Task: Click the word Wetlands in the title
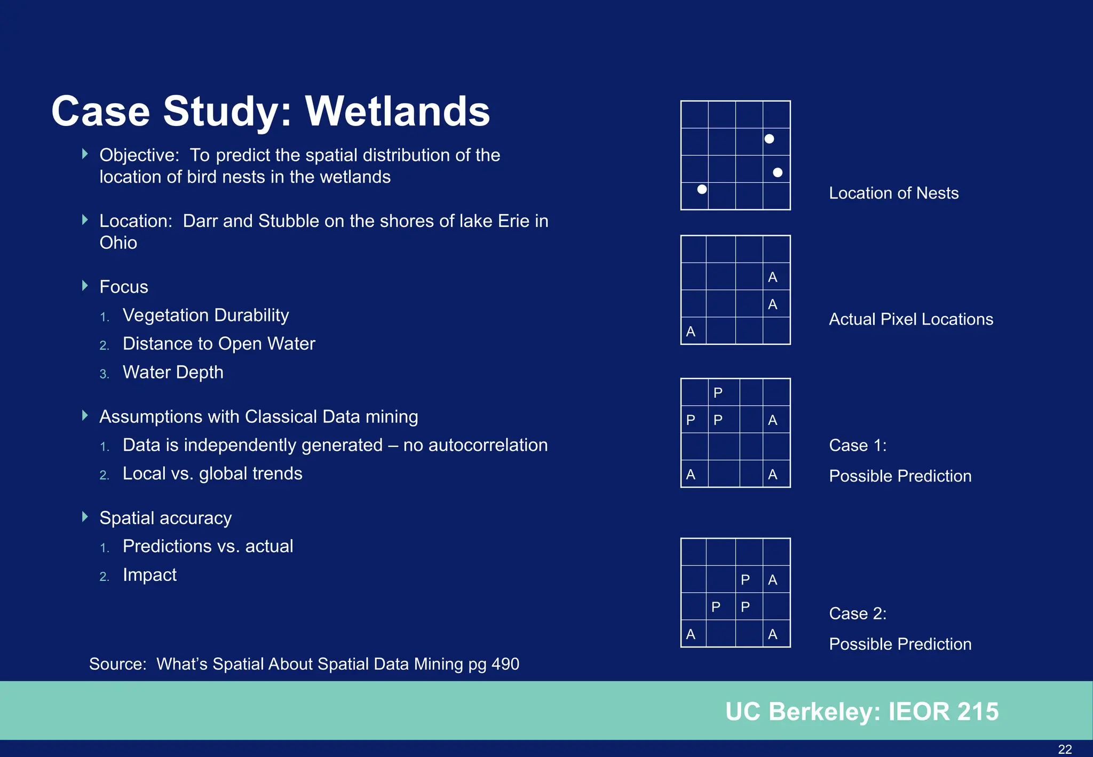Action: click(397, 111)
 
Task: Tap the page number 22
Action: click(1065, 749)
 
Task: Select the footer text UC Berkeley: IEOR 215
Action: click(861, 711)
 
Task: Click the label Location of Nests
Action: click(893, 193)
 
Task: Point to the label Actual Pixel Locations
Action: click(910, 319)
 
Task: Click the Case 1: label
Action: click(857, 445)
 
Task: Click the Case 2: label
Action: click(857, 613)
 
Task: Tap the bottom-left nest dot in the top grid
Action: click(702, 189)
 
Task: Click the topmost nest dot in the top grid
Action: click(769, 139)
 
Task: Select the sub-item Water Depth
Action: click(173, 372)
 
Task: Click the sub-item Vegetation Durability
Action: click(205, 315)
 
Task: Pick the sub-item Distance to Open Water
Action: click(219, 344)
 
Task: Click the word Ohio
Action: click(118, 243)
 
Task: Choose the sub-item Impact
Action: click(149, 575)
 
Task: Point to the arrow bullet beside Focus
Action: click(85, 286)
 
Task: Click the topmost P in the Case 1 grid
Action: click(718, 393)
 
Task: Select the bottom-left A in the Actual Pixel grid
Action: click(691, 332)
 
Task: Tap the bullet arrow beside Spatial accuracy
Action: click(85, 517)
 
